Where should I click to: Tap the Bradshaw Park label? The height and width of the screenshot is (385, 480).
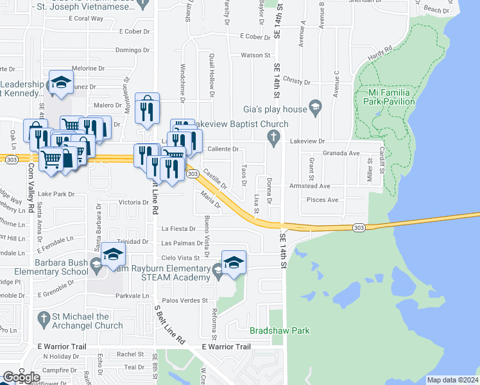pyautogui.click(x=279, y=331)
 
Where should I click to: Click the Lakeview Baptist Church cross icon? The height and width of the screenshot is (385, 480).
pyautogui.click(x=274, y=136)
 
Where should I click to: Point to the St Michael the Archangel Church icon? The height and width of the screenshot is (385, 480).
pyautogui.click(x=43, y=318)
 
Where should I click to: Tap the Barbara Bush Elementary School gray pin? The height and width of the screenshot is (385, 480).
pyautogui.click(x=96, y=264)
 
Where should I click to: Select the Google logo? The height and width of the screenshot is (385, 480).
pyautogui.click(x=21, y=377)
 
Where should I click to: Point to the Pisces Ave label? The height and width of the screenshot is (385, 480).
pyautogui.click(x=323, y=200)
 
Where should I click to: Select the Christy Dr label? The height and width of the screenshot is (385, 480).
pyautogui.click(x=296, y=82)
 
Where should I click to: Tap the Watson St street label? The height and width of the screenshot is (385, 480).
pyautogui.click(x=251, y=56)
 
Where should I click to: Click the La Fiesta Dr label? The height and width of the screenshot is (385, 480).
pyautogui.click(x=178, y=228)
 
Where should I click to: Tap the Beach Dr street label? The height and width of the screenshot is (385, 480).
pyautogui.click(x=436, y=10)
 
